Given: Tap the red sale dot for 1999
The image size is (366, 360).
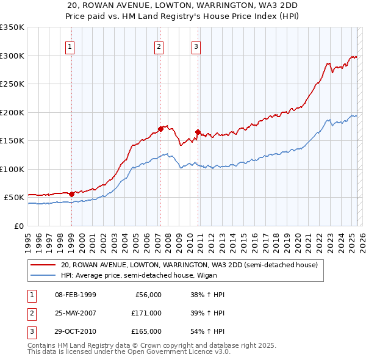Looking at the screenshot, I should [72, 194].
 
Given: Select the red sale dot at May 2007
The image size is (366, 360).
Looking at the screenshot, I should [160, 129].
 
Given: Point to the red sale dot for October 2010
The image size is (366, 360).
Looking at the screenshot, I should [198, 132].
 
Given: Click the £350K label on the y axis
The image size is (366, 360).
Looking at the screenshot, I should [12, 27].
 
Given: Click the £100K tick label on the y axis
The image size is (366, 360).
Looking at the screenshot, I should [12, 169].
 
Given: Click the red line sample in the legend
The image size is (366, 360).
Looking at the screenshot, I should [43, 265].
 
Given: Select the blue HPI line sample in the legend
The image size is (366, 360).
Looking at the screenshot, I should [43, 275].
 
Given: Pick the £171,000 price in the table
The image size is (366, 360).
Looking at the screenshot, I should [146, 313].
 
